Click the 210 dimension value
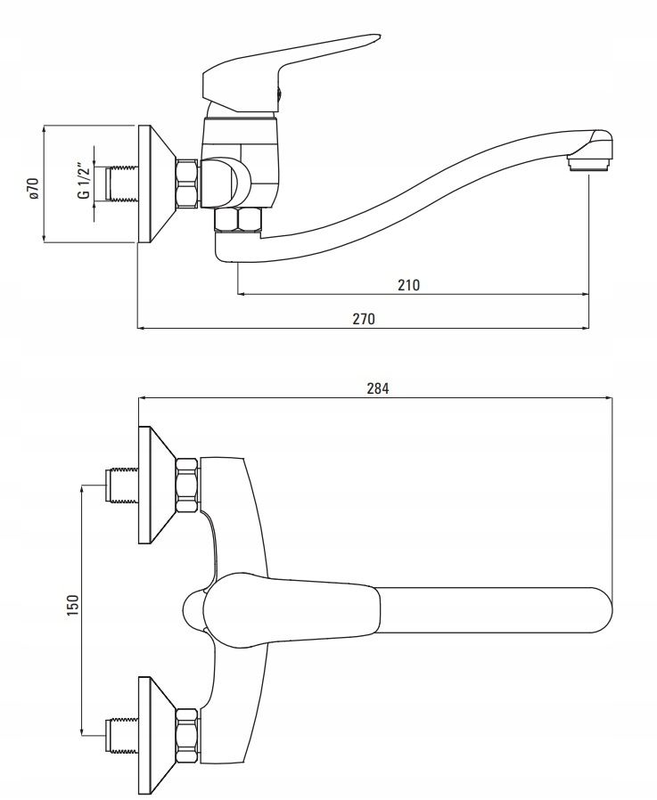click(408, 285)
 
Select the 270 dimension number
click(364, 319)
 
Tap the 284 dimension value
click(378, 388)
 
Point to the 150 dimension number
click(73, 605)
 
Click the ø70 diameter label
click(33, 188)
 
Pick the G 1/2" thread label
click(84, 181)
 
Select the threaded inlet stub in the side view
click(121, 184)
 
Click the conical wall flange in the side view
click(156, 184)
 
